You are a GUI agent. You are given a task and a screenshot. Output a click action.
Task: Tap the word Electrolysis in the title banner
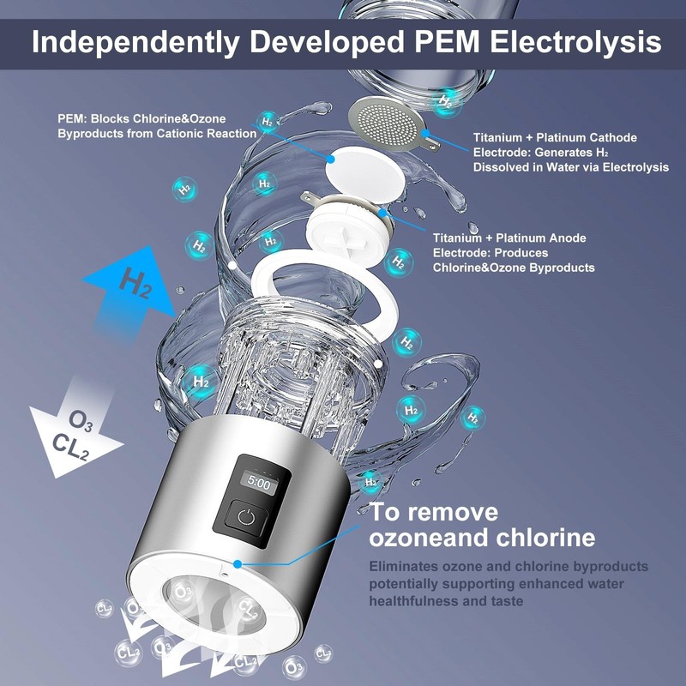pyautogui.click(x=575, y=43)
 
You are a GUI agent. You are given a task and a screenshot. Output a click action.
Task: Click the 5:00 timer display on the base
pyautogui.click(x=259, y=484)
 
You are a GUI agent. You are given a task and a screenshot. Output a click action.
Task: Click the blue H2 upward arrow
pyautogui.click(x=131, y=290)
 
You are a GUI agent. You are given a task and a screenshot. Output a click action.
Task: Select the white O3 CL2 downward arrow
pyautogui.click(x=75, y=433)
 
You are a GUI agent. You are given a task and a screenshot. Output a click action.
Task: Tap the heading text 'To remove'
pyautogui.click(x=434, y=512)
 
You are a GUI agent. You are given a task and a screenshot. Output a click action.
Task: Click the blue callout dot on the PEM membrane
pyautogui.click(x=331, y=159)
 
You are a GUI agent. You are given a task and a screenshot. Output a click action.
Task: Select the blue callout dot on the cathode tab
pyautogui.click(x=425, y=134)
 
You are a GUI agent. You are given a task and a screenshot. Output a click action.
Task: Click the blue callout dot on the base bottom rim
pyautogui.click(x=238, y=564)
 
